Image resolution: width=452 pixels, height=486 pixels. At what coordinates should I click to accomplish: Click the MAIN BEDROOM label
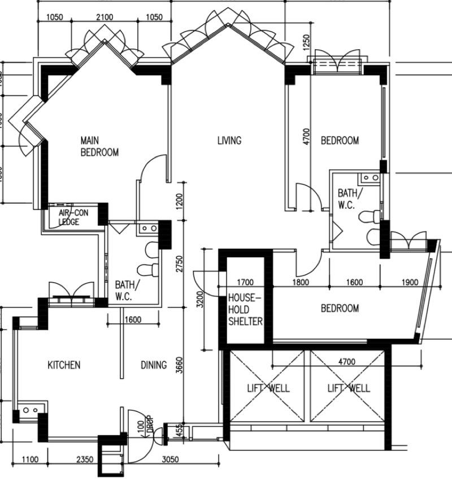pyautogui.click(x=99, y=146)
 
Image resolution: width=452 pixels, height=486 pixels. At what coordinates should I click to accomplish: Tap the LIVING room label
pyautogui.click(x=229, y=141)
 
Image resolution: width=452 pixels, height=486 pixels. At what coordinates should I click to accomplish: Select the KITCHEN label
pyautogui.click(x=63, y=365)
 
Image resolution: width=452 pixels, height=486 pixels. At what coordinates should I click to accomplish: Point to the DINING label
pyautogui.click(x=153, y=365)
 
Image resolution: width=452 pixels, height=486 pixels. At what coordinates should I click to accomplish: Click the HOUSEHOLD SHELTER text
pyautogui.click(x=245, y=309)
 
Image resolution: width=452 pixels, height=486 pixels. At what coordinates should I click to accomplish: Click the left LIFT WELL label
pyautogui.click(x=268, y=388)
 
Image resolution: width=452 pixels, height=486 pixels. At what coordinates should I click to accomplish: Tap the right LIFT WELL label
pyautogui.click(x=349, y=388)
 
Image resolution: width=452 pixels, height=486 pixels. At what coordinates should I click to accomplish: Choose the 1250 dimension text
pyautogui.click(x=306, y=41)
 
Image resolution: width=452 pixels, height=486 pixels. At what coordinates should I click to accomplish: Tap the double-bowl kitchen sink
pyautogui.click(x=30, y=409)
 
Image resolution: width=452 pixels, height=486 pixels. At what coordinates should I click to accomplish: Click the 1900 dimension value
pyautogui.click(x=411, y=282)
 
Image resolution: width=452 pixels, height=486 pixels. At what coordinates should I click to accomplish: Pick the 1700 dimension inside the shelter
pyautogui.click(x=246, y=282)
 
